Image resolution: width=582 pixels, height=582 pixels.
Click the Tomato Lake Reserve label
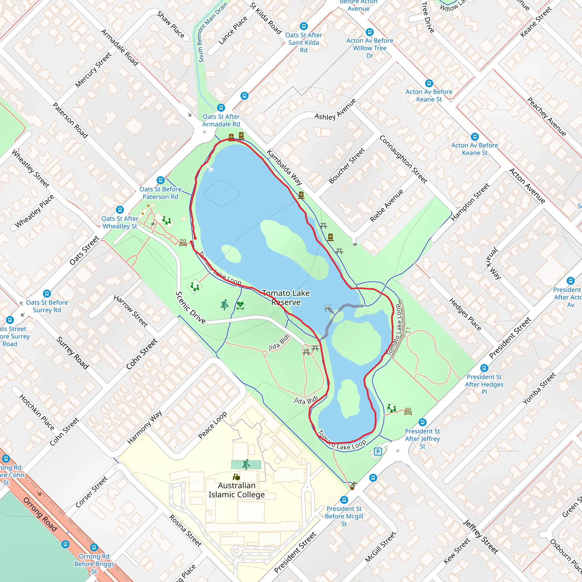pos(286,297)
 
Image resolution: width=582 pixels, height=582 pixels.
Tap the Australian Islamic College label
pos(236,490)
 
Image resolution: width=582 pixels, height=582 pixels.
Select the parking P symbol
pos(378,451)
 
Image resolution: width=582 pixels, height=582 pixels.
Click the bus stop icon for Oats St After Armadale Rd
pos(221,107)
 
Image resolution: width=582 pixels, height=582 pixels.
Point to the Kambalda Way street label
pos(284,167)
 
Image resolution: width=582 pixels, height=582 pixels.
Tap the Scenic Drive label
pos(190,307)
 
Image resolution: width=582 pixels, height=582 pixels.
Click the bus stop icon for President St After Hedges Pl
pos(484,368)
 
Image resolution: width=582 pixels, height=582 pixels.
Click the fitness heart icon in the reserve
pos(240,305)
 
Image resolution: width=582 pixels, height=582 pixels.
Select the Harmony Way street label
pos(144,427)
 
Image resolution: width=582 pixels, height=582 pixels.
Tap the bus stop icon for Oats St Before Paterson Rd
pos(161,180)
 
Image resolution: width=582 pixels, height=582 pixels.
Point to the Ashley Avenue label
pos(335,109)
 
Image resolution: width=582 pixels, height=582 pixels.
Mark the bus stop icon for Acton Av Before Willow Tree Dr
pos(370,32)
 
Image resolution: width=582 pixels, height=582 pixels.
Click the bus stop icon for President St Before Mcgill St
pos(344,500)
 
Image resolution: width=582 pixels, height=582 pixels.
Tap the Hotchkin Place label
pos(37,412)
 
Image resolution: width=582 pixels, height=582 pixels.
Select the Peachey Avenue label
pos(546,117)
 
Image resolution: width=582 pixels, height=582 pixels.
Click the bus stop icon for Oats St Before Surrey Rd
pos(47,293)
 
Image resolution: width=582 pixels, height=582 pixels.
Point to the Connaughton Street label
pos(403,159)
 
